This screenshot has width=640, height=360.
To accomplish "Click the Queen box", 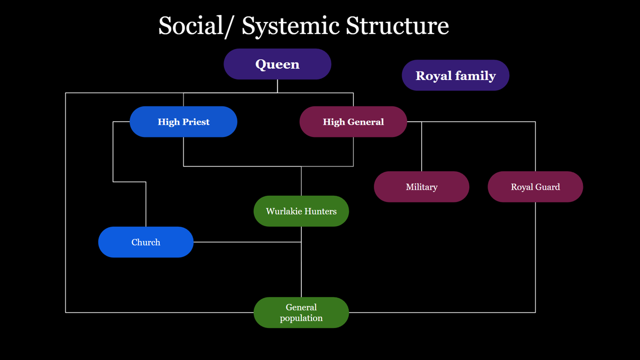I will [277, 64].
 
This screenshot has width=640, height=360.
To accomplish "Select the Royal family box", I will [455, 75].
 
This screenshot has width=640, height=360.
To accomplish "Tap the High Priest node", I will [183, 122].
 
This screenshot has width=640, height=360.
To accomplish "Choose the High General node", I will [353, 122].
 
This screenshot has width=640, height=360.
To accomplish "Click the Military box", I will [421, 187].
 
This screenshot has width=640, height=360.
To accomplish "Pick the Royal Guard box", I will [535, 187].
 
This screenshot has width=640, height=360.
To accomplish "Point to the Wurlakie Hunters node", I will [301, 211].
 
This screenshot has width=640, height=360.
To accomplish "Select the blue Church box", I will [146, 242].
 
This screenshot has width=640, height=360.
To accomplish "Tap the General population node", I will [301, 313].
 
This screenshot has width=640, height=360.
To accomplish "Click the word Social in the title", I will [190, 26].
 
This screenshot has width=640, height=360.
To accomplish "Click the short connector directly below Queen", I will [277, 86].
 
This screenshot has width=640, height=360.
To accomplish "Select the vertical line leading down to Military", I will [421, 147].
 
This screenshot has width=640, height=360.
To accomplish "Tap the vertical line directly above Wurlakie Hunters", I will [301, 181].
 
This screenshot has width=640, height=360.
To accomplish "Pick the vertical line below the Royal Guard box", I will [535, 256].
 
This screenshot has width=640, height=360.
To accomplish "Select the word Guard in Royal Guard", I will [548, 187].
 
